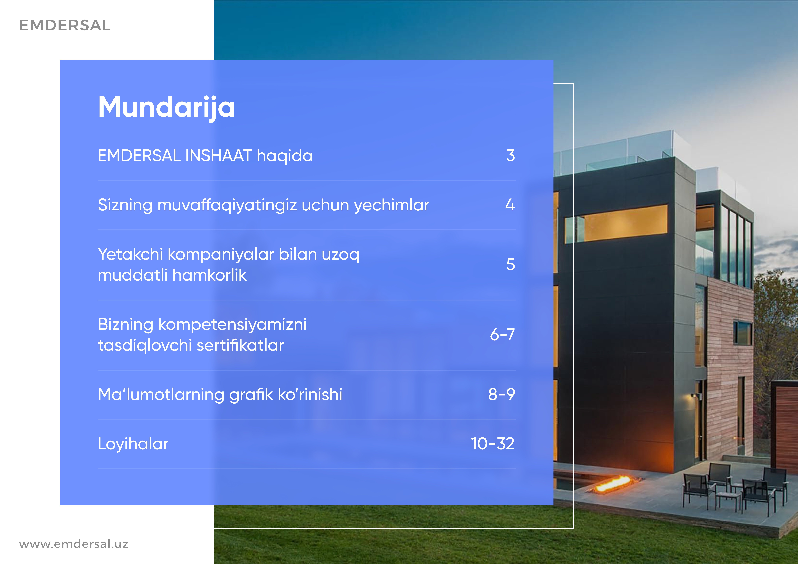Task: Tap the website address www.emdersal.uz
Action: [x=74, y=544]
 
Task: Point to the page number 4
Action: [x=510, y=205]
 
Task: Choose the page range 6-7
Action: [x=502, y=335]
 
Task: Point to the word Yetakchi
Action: [x=130, y=254]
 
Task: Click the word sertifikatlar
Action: [x=240, y=345]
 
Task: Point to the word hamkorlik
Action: [x=210, y=275]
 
